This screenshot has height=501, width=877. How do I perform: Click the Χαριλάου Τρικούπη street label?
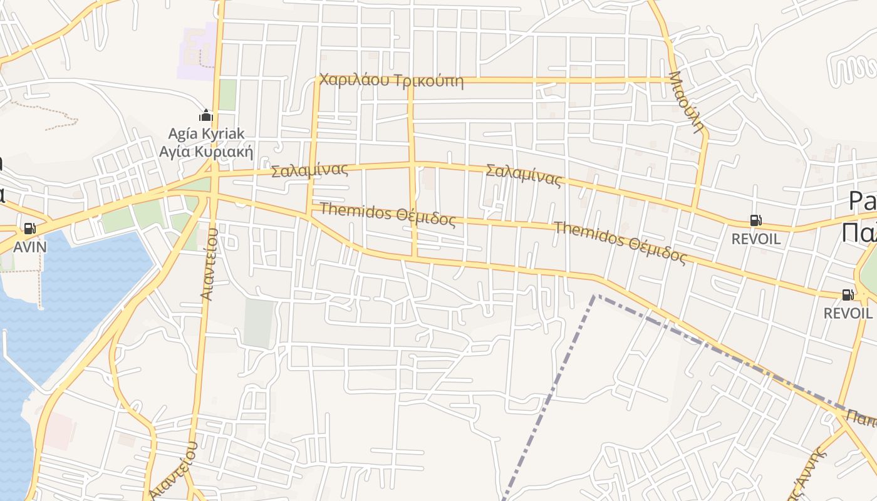[391, 81]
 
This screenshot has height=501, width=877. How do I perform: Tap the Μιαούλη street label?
[687, 101]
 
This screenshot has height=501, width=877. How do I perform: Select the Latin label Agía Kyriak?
[206, 133]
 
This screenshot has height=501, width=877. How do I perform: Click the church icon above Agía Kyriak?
[205, 116]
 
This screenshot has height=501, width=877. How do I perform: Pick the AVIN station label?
[29, 246]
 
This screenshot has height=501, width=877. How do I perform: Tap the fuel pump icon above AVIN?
[29, 229]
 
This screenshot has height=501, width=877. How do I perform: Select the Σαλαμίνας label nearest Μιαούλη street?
[524, 175]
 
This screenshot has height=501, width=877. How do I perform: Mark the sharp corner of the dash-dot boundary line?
[596, 295]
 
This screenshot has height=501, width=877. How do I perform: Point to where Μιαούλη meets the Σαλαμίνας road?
[693, 207]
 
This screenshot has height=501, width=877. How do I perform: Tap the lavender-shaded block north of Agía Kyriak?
[196, 53]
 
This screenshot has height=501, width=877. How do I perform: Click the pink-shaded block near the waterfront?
[60, 430]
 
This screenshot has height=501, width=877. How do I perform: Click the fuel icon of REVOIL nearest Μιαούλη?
[756, 220]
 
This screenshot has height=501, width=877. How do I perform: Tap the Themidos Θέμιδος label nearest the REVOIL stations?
[620, 242]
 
